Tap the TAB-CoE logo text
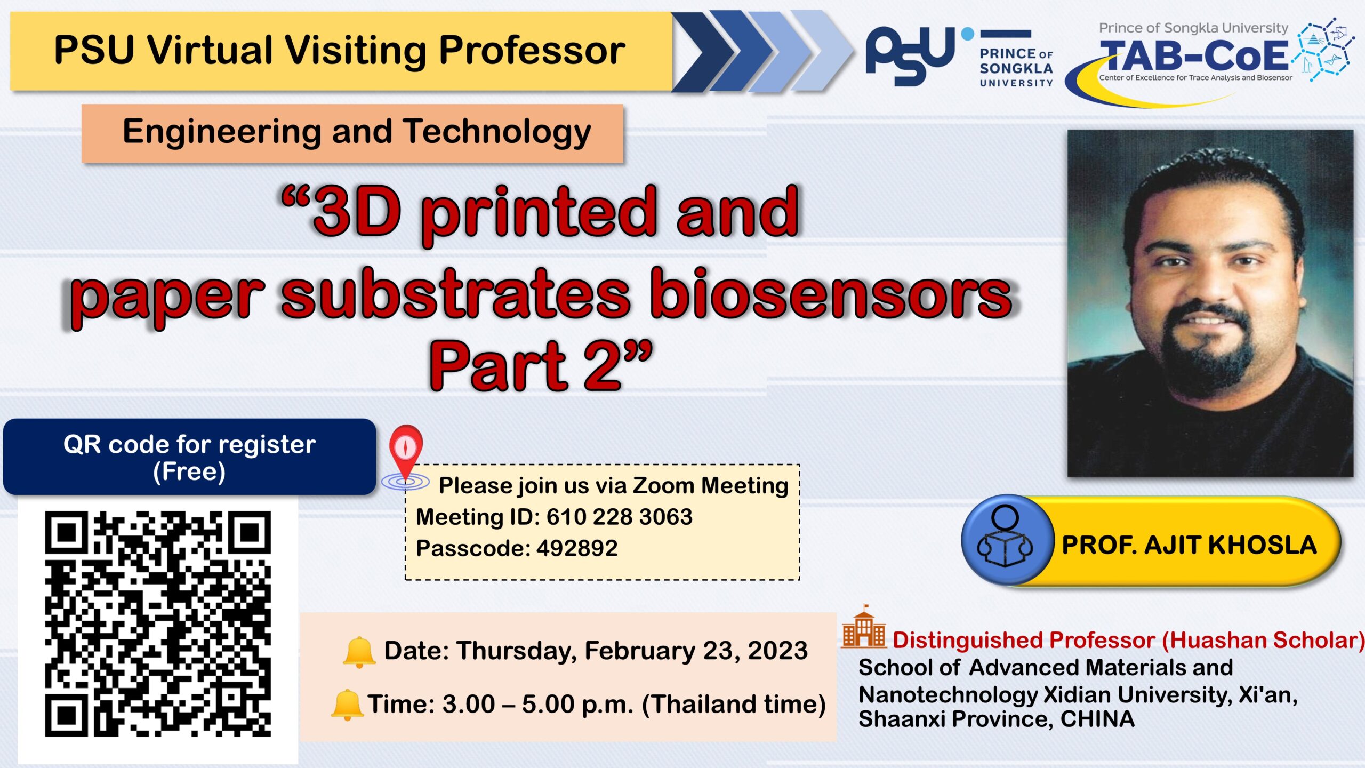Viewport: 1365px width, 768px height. [x=1194, y=56]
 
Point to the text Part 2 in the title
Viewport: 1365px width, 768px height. [x=539, y=366]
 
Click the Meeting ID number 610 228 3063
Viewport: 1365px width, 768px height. [x=619, y=517]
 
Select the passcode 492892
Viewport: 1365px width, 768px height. [x=577, y=548]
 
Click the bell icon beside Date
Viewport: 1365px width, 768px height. [x=359, y=652]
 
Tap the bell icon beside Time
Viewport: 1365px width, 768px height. [x=347, y=705]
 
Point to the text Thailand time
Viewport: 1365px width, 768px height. [x=734, y=704]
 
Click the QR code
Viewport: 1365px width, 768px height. [x=158, y=624]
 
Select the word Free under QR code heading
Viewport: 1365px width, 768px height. [x=189, y=472]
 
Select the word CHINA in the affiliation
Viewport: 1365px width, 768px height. [x=1097, y=719]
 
